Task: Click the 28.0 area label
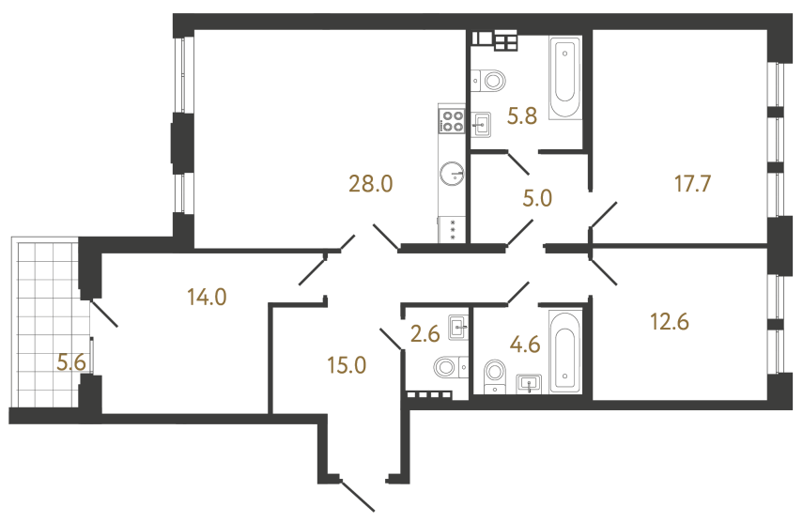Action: (x=370, y=183)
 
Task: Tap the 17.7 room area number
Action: (x=687, y=183)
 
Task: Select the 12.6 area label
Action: (x=669, y=322)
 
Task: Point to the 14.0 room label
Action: (x=207, y=298)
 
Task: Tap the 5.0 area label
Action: (x=537, y=198)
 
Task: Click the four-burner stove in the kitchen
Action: (x=452, y=120)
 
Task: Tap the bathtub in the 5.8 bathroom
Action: (x=564, y=79)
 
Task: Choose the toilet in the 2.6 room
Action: (x=447, y=366)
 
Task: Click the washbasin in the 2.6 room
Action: (x=459, y=328)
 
